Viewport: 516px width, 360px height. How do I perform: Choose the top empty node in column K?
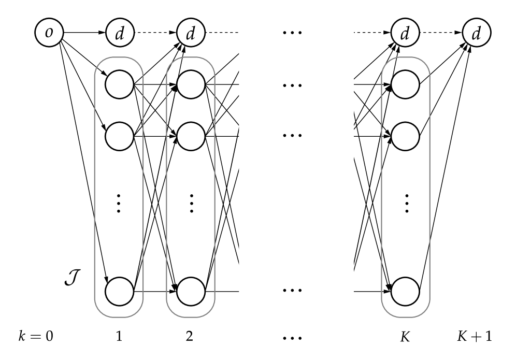[406, 84]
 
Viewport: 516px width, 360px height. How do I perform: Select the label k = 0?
[36, 337]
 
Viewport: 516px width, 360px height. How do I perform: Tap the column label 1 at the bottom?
[119, 337]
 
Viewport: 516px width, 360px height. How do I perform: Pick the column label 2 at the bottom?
[190, 337]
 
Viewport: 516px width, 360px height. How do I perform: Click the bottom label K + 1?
[474, 337]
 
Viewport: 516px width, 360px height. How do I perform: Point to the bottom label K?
[406, 337]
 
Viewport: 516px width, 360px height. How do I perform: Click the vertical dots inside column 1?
[119, 204]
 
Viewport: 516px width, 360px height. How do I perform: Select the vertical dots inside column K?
[406, 204]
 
